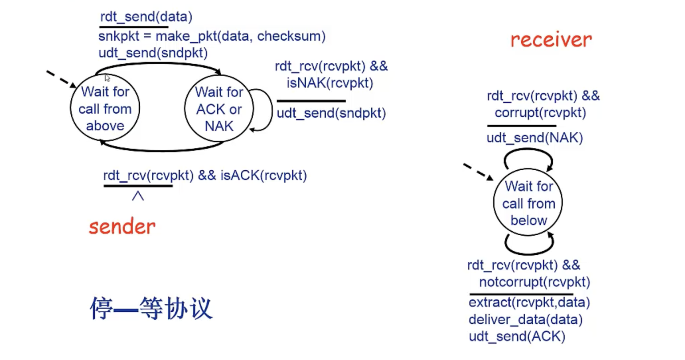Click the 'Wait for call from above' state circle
point(105,108)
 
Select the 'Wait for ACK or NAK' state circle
point(219,109)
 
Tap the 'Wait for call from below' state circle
point(528,203)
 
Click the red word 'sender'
point(122,226)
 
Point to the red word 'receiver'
point(551,40)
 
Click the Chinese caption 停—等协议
point(151,308)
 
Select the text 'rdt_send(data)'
point(146,17)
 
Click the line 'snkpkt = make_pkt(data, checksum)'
point(212,36)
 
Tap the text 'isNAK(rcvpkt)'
point(330,83)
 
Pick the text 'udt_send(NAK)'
point(535,138)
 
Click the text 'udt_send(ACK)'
point(517,336)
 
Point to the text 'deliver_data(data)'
point(525,319)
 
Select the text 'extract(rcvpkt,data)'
point(529,302)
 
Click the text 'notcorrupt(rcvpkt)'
point(535,282)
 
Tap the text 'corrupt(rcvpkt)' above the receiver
point(540,112)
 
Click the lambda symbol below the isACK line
point(138,196)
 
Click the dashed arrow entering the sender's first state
point(61,79)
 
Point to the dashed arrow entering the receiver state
point(478,171)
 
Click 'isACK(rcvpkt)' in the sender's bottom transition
point(264,175)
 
